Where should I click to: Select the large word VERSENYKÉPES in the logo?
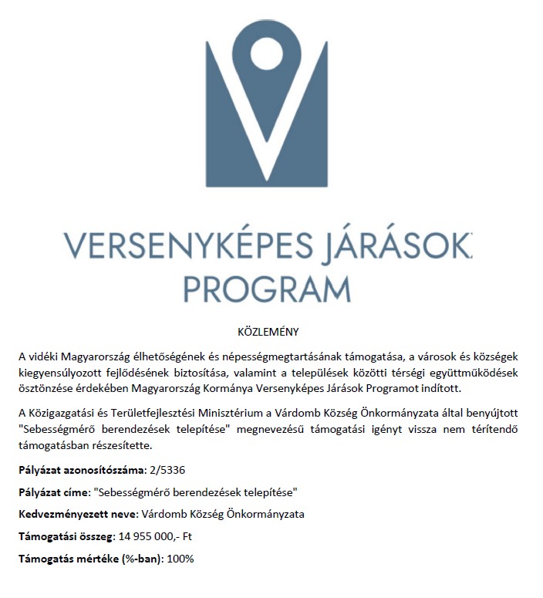(x=178, y=245)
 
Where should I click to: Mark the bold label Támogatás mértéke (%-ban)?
(x=89, y=558)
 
